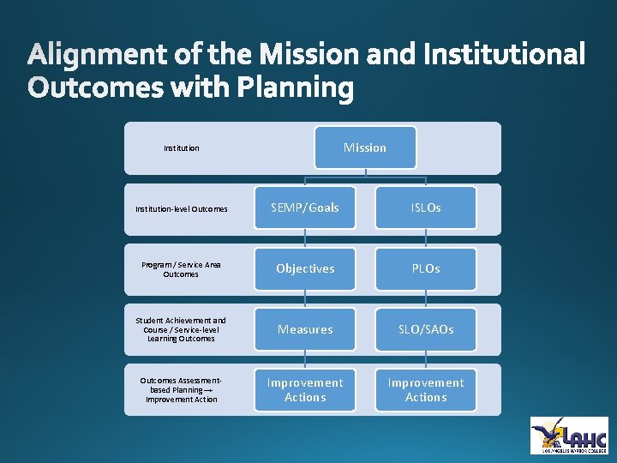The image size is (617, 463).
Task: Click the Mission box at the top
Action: (x=365, y=147)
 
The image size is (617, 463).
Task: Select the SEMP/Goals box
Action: (x=305, y=207)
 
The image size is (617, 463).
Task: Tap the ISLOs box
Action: (x=426, y=207)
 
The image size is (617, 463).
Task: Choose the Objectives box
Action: (x=305, y=268)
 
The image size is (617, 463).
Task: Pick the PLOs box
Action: (x=426, y=268)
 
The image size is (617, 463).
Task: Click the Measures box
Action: (x=305, y=329)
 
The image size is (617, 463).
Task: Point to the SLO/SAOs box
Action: (x=426, y=329)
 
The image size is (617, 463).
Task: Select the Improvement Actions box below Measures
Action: (x=305, y=390)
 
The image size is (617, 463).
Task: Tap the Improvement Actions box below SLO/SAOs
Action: (x=426, y=390)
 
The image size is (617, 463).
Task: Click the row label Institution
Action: (x=182, y=148)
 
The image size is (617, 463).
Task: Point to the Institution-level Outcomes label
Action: (x=182, y=208)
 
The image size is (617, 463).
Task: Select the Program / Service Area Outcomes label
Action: (x=182, y=269)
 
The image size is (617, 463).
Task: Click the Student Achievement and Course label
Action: (x=182, y=329)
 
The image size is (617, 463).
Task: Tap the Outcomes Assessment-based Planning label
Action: (x=182, y=390)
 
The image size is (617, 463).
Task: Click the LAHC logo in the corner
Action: (x=569, y=435)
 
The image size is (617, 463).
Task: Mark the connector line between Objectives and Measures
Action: (x=305, y=299)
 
